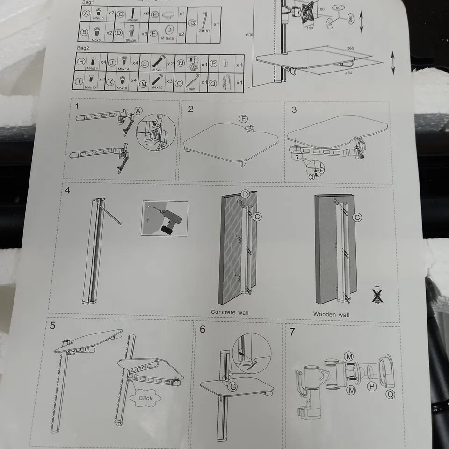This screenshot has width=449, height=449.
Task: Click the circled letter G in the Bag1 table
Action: click(x=192, y=23)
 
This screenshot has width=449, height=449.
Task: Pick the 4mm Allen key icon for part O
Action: click(x=192, y=81)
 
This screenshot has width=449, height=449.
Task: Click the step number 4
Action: click(x=68, y=191)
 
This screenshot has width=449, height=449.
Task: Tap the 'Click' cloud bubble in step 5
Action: click(x=145, y=398)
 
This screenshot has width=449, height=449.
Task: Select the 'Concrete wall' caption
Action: click(x=230, y=312)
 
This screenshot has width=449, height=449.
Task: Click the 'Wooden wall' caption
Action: click(x=331, y=314)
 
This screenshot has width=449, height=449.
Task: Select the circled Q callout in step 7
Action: click(x=390, y=395)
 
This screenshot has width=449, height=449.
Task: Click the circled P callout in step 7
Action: click(x=372, y=386)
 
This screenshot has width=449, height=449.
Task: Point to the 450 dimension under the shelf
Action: click(x=348, y=73)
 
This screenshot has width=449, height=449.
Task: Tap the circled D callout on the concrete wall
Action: click(x=245, y=194)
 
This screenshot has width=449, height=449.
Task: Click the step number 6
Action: click(x=202, y=329)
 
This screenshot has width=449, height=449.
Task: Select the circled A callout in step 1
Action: click(x=138, y=110)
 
